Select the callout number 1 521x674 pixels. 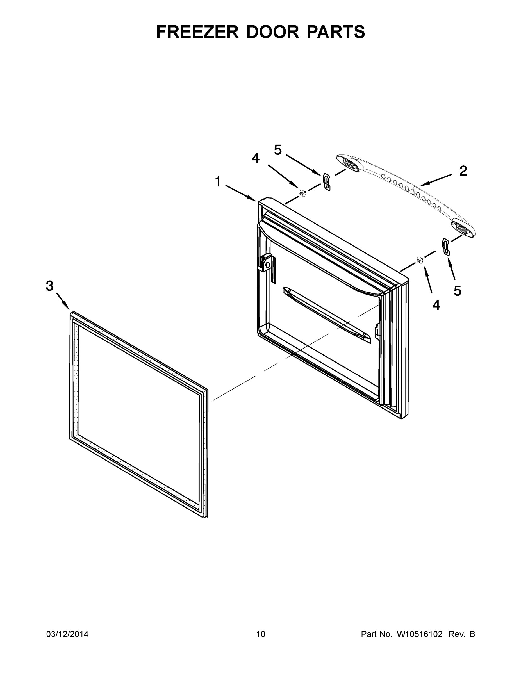tap(218, 182)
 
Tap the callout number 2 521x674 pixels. tap(463, 171)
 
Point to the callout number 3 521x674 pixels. tap(49, 286)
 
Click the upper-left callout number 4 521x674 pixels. tap(256, 158)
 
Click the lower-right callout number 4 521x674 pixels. tap(436, 305)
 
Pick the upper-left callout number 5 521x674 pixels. tap(278, 150)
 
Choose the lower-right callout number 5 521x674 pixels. tap(457, 290)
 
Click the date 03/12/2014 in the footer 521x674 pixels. tap(67, 634)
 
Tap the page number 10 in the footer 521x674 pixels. tap(261, 634)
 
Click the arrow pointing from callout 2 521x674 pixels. tap(436, 180)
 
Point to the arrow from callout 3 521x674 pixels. tap(63, 301)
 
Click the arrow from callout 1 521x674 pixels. tap(241, 193)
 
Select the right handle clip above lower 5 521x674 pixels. tap(446, 246)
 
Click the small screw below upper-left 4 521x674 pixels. tap(302, 193)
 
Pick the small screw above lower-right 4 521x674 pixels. tap(419, 260)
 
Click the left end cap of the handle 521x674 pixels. tap(349, 162)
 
